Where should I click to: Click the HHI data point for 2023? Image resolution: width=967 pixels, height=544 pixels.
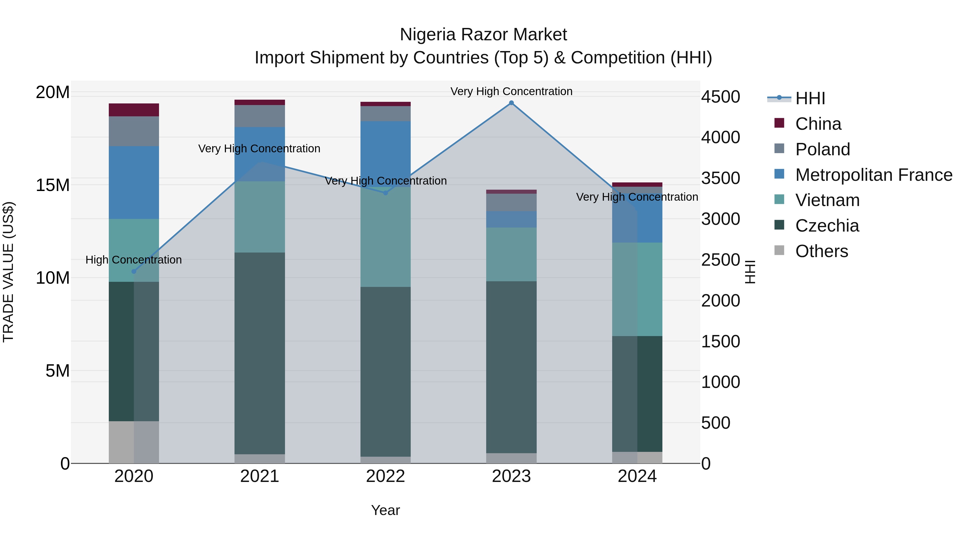(511, 103)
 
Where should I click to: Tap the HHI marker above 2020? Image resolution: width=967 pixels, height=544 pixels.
(134, 271)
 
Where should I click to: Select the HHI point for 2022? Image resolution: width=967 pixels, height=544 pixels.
(385, 193)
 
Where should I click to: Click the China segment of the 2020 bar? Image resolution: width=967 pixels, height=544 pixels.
(134, 110)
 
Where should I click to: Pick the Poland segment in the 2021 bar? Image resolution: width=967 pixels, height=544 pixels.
(260, 116)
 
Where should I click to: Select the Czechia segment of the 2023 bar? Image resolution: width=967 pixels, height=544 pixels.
(511, 367)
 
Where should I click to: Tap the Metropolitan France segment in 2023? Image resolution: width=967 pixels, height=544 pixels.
(511, 219)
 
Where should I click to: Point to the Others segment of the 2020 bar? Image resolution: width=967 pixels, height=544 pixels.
(134, 442)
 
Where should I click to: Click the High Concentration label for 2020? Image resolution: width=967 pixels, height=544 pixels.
(134, 260)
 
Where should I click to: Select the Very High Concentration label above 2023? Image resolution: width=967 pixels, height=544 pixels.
(511, 91)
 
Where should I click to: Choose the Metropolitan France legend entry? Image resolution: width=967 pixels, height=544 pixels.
(874, 175)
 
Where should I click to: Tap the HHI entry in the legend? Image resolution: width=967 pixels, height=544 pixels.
(810, 98)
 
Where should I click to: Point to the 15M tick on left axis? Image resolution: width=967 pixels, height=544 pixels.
(53, 185)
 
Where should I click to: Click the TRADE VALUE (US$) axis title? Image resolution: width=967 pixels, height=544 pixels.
(9, 272)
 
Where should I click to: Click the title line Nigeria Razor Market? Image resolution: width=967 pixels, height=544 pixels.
(483, 35)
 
